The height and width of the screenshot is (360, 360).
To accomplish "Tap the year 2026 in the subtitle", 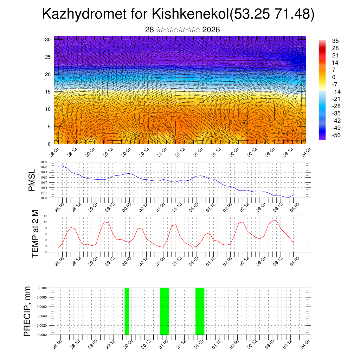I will [x=211, y=30].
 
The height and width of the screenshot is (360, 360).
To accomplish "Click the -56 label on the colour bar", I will [x=336, y=135].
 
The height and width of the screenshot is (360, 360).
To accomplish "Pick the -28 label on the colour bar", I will [x=336, y=106].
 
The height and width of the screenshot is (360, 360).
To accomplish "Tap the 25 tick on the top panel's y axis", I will [x=48, y=57].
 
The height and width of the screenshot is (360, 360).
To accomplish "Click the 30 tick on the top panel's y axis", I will [x=48, y=39].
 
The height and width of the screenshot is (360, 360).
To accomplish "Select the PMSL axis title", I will [x=32, y=180].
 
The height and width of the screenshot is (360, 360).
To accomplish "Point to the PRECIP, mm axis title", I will [x=27, y=311].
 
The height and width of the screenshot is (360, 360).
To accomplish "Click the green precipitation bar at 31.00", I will [x=165, y=311].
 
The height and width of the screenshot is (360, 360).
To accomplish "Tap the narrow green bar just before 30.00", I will [x=127, y=311].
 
